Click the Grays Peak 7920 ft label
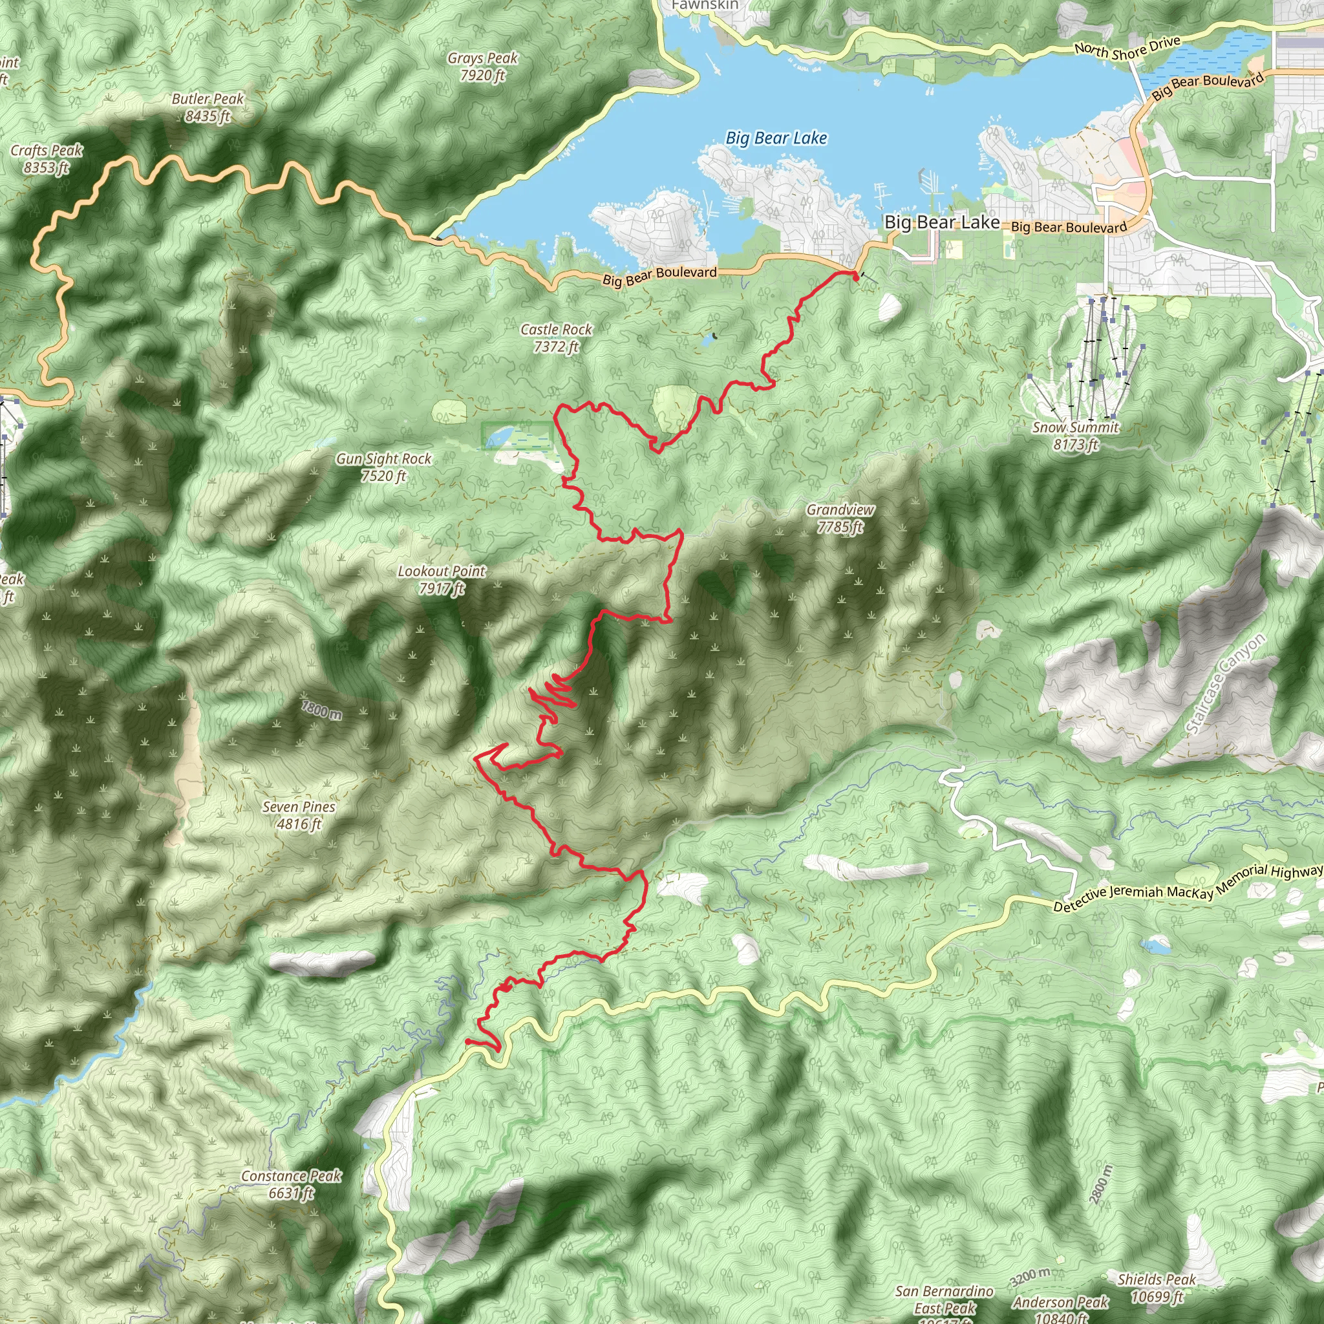coord(482,67)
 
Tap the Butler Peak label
coord(207,107)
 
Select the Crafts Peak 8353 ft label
coord(47,158)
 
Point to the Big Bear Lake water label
coord(776,138)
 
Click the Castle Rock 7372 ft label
coord(556,338)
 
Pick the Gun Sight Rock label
coord(383,467)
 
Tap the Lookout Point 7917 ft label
coord(442,579)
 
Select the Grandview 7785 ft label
coord(840,518)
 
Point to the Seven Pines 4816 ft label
coord(299,815)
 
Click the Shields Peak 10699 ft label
coord(1156,1288)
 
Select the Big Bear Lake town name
coord(941,222)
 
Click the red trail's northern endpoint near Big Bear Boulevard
coord(855,275)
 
